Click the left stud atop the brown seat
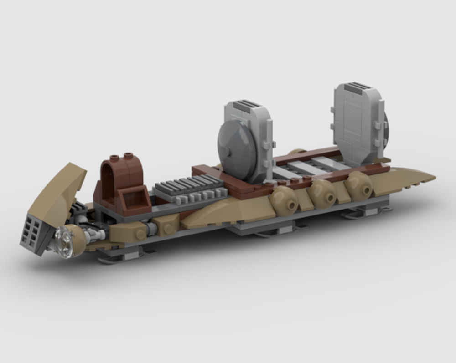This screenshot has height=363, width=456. pos(115,157)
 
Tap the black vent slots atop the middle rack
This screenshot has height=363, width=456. pos(249,104)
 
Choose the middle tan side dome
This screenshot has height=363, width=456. pos(323,192)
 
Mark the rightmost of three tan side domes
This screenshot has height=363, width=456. pos(359,184)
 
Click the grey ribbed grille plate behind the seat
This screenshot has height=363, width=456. pos(186,188)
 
